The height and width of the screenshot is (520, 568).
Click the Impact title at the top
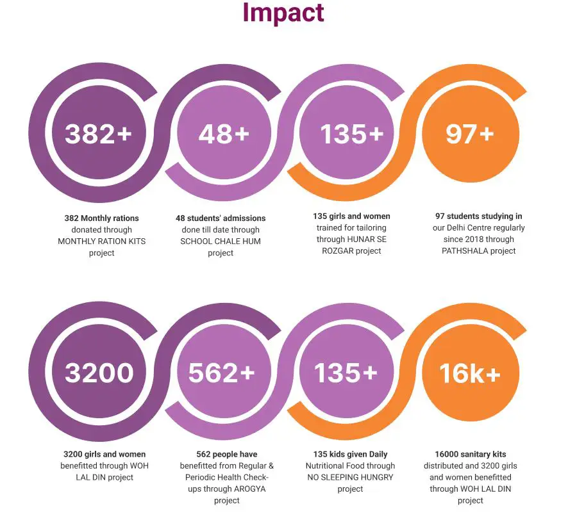point(283,12)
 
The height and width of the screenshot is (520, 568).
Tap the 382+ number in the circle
point(98,134)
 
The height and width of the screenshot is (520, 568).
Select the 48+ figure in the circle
point(223,134)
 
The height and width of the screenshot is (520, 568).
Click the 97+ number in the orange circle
point(470,133)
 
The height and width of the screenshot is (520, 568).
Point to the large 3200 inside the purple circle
point(99,373)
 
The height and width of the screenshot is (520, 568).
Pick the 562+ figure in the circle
point(221,373)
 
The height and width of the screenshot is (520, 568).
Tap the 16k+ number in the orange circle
point(470,373)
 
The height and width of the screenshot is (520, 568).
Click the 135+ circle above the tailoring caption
point(351,134)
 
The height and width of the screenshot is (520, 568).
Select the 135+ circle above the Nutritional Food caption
point(346,373)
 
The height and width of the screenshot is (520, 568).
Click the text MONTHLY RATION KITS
point(101,241)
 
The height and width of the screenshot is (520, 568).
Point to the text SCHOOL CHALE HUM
point(221,241)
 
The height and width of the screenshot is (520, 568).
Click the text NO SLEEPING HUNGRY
point(349,477)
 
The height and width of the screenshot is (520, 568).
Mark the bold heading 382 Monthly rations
point(101,218)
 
